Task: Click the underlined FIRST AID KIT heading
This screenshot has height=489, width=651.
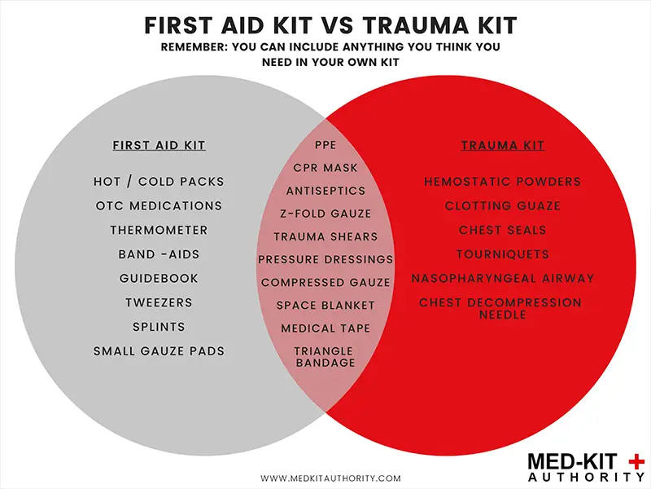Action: pos(159,146)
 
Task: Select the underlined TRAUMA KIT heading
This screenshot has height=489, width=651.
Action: pos(502,146)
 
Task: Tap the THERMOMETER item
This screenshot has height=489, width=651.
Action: pos(159,230)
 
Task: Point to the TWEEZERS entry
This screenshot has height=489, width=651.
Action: pos(159,302)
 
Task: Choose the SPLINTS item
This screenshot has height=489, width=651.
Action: pos(159,327)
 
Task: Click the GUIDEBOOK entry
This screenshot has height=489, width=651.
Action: pos(159,278)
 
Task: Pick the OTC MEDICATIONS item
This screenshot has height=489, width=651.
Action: pos(159,206)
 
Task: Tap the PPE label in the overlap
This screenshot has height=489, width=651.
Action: pos(325,145)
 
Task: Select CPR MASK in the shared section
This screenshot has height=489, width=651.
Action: pos(325,168)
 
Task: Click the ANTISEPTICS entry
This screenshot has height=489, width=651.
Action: pos(325,191)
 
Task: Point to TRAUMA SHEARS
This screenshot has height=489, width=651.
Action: pos(325,236)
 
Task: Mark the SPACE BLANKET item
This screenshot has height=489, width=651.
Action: pos(325,305)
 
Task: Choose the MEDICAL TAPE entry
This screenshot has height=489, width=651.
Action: pos(325,328)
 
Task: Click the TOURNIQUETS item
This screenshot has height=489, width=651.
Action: pos(503,254)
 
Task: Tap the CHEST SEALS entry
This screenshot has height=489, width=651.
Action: pos(503,230)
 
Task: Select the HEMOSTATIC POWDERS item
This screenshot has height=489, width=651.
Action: pos(503,182)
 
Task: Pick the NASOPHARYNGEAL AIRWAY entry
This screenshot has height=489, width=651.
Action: pos(503,278)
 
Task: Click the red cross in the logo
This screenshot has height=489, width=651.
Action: pos(636,462)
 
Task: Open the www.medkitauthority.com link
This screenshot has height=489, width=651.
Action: pos(331,478)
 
